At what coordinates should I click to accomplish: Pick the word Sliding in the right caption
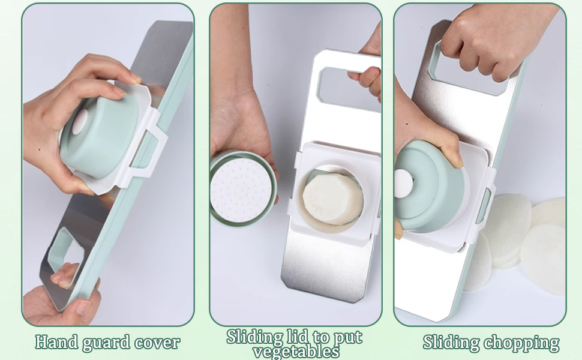pyautogui.click(x=451, y=343)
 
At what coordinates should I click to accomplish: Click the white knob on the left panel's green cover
pyautogui.click(x=80, y=122)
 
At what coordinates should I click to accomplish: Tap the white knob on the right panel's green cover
pyautogui.click(x=403, y=184)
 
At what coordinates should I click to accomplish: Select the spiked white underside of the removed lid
pyautogui.click(x=241, y=190)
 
